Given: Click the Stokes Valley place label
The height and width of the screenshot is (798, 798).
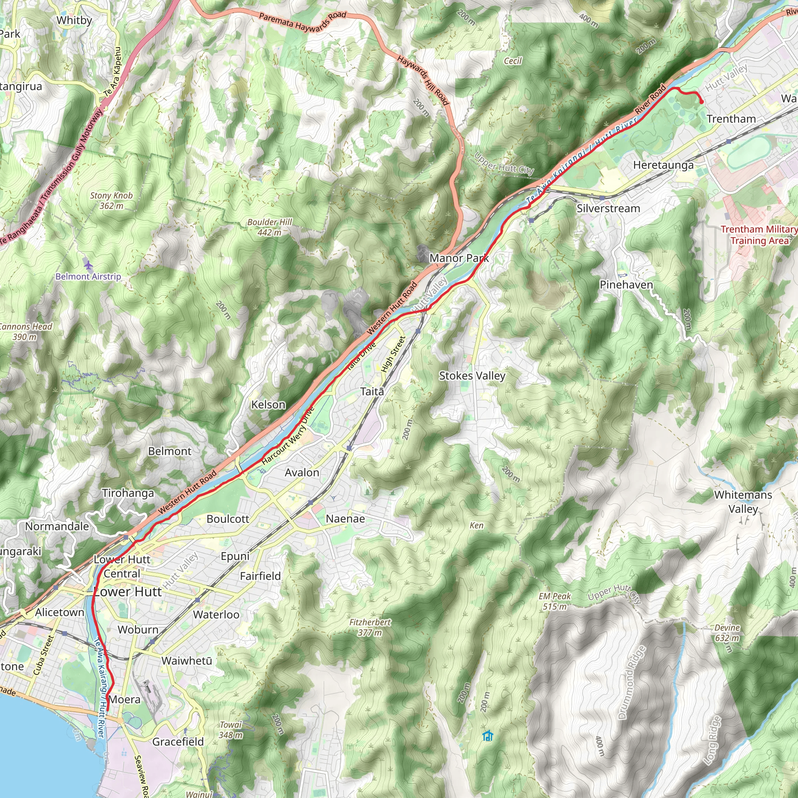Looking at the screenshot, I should coord(472,376).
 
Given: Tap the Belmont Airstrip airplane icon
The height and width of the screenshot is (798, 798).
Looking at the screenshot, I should coord(88,264).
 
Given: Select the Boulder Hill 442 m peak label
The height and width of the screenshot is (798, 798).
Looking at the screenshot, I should coord(269,227).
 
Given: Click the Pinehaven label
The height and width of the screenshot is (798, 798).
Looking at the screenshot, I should coord(626,284).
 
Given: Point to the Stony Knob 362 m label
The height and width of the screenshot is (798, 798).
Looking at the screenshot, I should coord(111,200).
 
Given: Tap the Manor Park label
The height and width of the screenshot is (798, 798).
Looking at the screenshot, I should coord(459,258).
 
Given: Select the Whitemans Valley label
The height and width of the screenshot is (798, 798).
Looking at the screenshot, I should coord(743,501).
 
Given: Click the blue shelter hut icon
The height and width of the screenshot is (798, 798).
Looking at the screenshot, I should coord(488,736).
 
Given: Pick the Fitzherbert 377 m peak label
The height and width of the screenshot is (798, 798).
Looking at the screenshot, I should coord(370,627).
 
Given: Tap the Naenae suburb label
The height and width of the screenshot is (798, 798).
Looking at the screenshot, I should coord(345,519).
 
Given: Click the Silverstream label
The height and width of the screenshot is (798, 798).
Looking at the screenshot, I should coord(608,208).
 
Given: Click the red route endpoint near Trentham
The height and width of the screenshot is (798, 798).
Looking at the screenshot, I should coord(701,102).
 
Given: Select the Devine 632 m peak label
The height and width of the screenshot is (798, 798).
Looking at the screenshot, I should coord(727,632).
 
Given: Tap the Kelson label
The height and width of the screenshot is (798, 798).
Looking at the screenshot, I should coord(268,405).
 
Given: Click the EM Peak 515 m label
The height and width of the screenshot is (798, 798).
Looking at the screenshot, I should coord(554,601).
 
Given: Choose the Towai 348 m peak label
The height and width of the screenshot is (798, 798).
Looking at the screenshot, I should coord(231,729).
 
